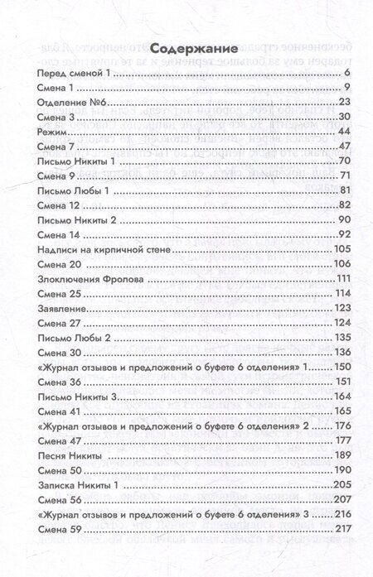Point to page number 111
345,279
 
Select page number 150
344,366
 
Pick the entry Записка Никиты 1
75,484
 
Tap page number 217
344,529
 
